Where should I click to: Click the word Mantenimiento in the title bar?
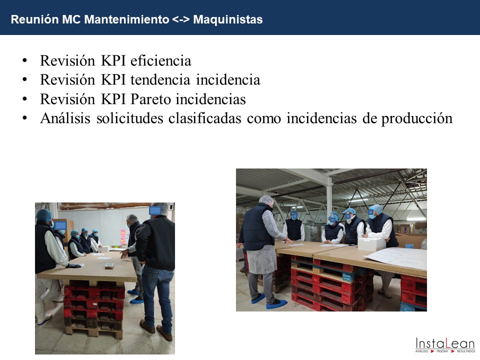[x=126, y=19]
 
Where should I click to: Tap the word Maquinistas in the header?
[x=228, y=19]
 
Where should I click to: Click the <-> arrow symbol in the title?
[x=181, y=19]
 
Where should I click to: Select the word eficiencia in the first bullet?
[x=160, y=60]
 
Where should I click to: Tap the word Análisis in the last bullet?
[x=65, y=118]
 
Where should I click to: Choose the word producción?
[x=416, y=119]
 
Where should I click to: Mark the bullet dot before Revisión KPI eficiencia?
[x=25, y=60]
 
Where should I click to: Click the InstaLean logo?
[x=445, y=344]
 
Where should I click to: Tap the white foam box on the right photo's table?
[x=371, y=244]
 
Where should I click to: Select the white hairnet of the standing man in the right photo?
[x=266, y=200]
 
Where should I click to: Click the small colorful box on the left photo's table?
[x=109, y=265]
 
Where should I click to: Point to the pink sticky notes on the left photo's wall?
[x=123, y=237]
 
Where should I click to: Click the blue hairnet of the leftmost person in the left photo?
[x=44, y=215]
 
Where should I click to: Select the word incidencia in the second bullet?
[x=228, y=80]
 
